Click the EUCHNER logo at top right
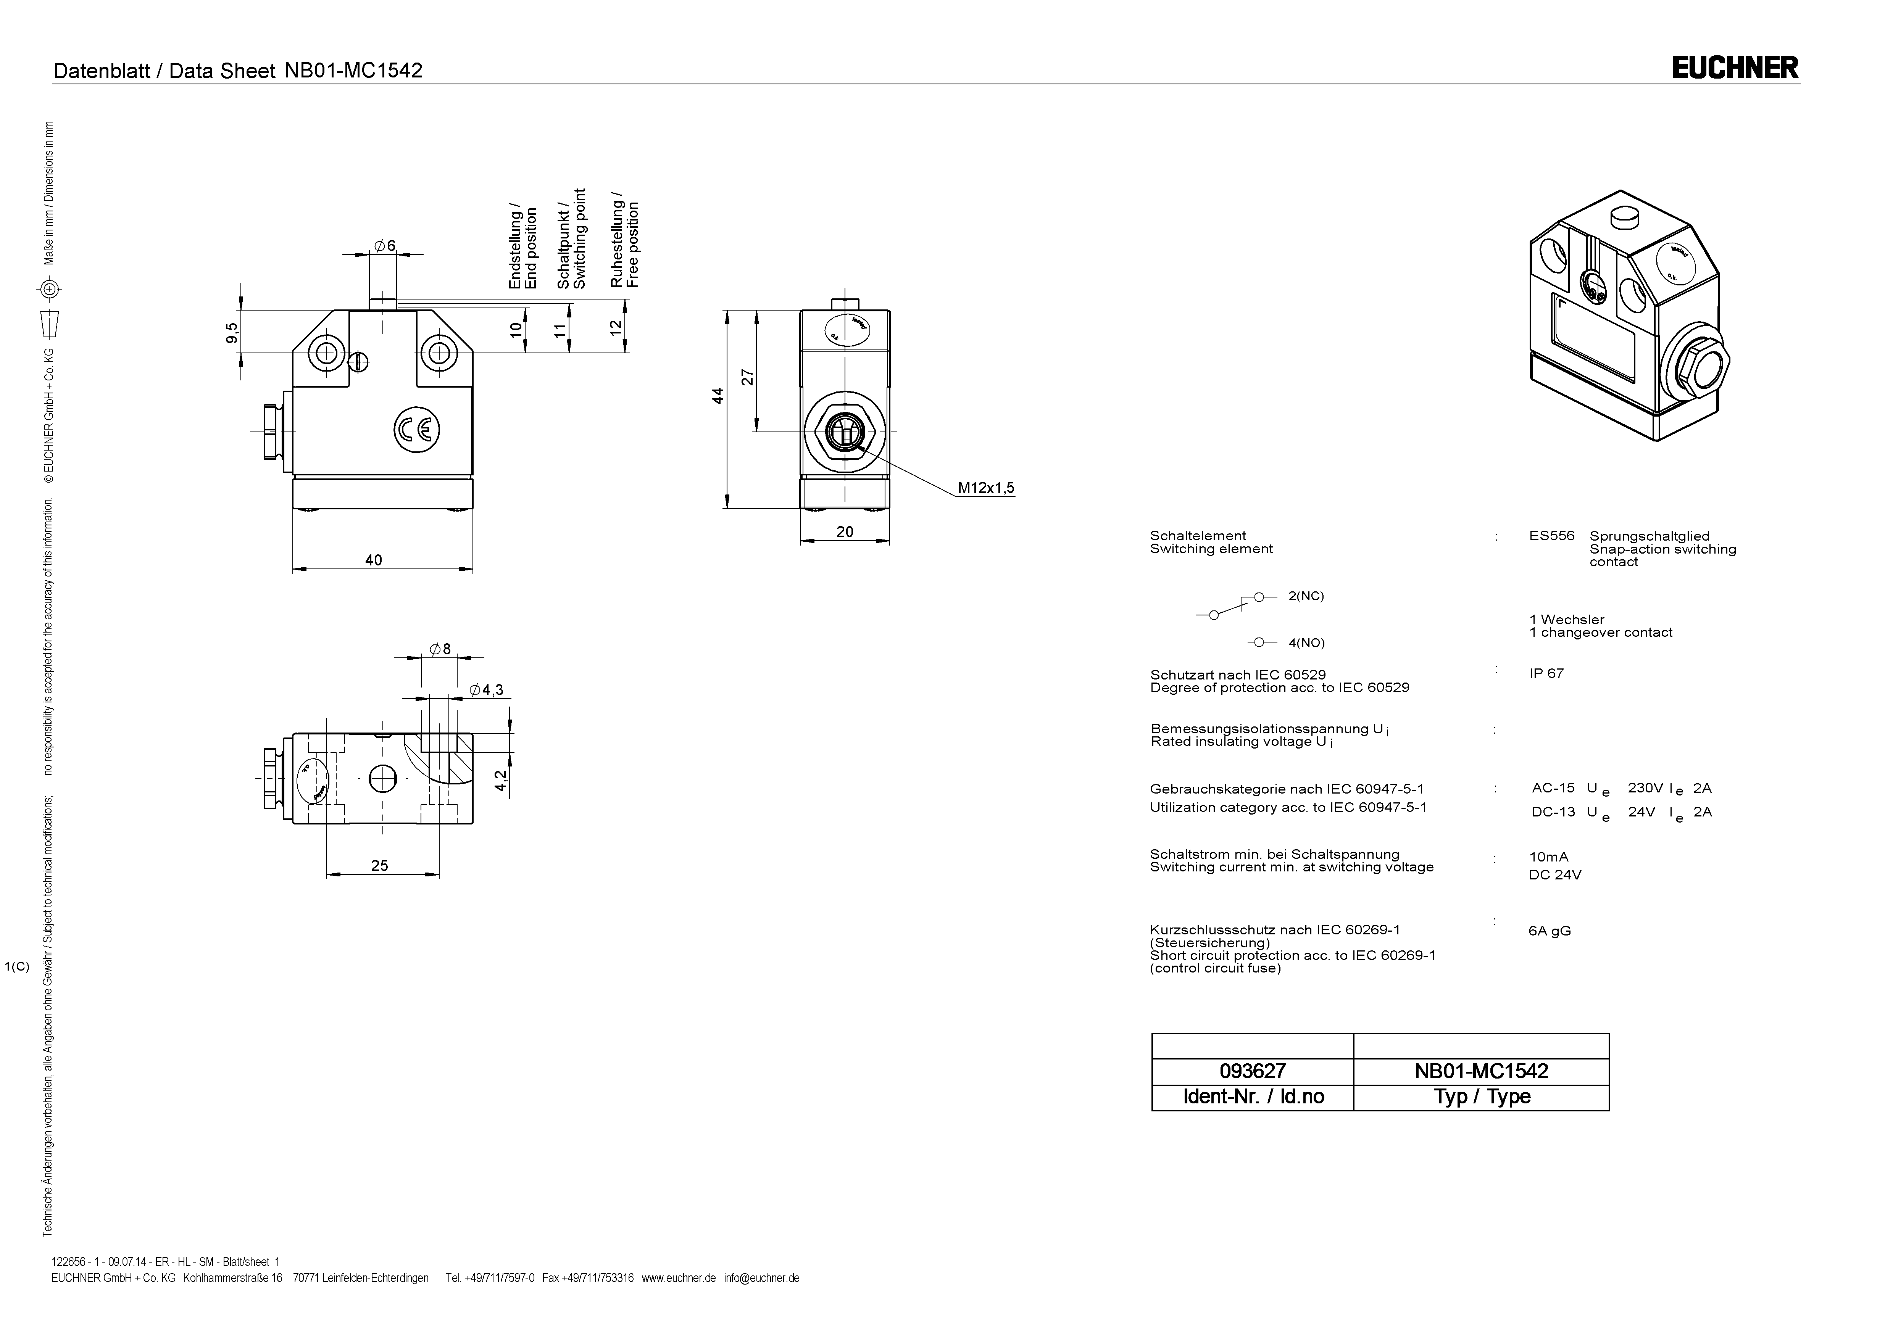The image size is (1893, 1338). coord(1735,68)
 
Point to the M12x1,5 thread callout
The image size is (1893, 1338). coord(985,488)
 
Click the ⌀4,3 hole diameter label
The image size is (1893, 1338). coord(487,690)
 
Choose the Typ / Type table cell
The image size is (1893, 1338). coord(1482,1096)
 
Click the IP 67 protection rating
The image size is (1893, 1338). coord(1546,673)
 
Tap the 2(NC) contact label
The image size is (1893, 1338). coord(1306,596)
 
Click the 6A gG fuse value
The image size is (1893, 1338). coord(1549,931)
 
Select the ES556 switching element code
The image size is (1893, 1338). coord(1551,536)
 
